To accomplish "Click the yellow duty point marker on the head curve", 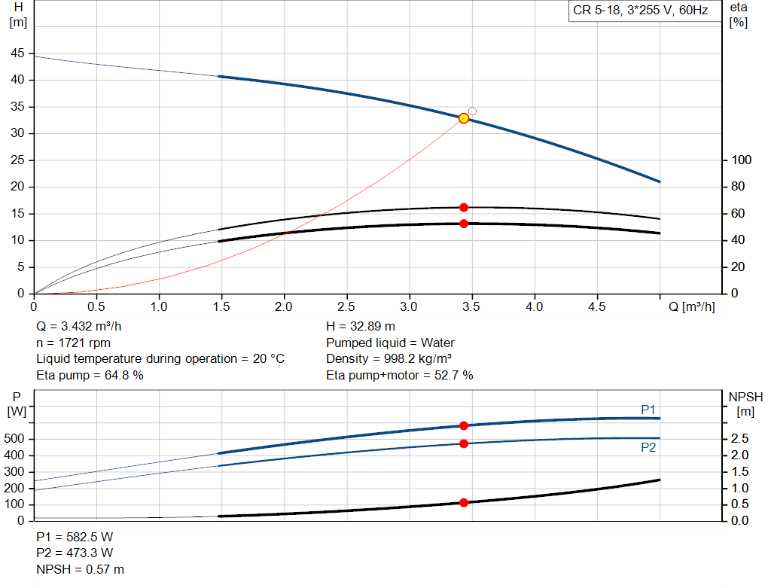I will point(464,118).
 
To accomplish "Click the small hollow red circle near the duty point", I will point(472,111).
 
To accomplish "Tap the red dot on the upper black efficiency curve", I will point(464,207).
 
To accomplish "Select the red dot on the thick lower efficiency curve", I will point(464,224).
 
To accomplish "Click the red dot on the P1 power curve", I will point(464,426).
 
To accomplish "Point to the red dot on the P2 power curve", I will point(464,443).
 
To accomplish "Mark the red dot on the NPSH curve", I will point(464,502).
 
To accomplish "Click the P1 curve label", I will point(648,410).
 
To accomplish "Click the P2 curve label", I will point(648,447).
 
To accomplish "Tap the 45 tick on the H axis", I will point(17,53).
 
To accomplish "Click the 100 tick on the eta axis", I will point(742,160).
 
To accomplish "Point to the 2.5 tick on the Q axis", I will point(346,307).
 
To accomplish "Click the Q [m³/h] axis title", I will point(692,307).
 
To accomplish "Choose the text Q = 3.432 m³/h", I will point(78,327).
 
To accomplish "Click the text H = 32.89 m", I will point(361,327).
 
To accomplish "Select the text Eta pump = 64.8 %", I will point(90,375).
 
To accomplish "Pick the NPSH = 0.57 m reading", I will point(81,570).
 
